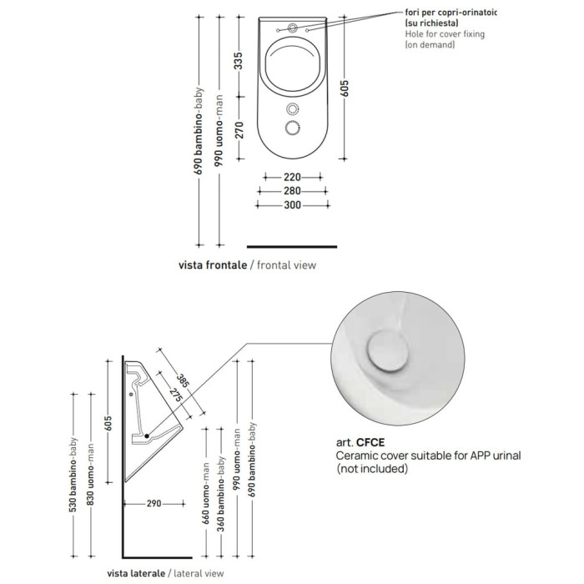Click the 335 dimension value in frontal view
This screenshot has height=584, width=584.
click(x=239, y=61)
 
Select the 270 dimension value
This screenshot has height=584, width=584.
click(x=239, y=130)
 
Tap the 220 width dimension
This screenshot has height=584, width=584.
click(x=292, y=177)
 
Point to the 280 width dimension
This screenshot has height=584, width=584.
click(x=292, y=191)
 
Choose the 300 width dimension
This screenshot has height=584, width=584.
click(x=292, y=205)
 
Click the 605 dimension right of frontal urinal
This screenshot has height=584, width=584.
click(x=345, y=88)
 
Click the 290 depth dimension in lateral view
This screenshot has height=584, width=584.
click(x=154, y=504)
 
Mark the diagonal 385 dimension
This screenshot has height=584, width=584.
click(x=183, y=380)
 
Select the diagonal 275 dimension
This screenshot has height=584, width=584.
click(x=175, y=395)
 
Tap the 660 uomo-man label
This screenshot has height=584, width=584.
click(x=206, y=493)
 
